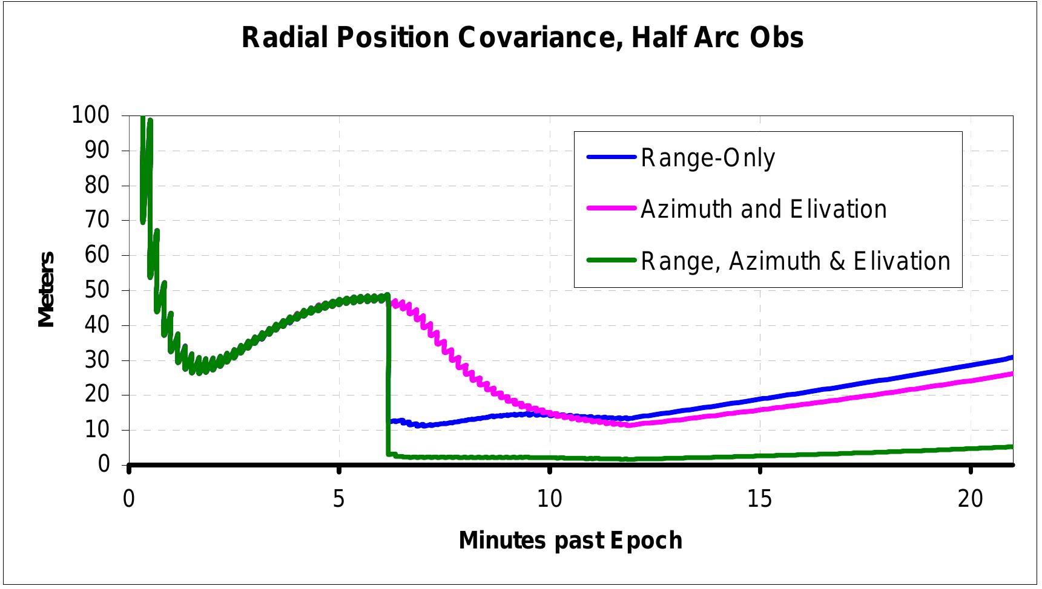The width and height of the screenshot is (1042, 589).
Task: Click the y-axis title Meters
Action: [47, 289]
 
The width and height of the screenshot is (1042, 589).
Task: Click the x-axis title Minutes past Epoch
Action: [570, 540]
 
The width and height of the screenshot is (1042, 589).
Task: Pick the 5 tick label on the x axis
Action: [338, 499]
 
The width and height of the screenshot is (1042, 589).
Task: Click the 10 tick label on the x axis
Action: [549, 499]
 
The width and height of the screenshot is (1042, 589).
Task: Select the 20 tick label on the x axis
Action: [970, 499]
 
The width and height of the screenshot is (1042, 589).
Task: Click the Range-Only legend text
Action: [708, 158]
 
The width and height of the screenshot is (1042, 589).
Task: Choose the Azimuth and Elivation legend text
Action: [763, 209]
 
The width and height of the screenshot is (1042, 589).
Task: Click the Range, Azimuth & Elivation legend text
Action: [796, 261]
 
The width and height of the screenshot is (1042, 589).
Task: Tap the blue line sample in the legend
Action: [611, 157]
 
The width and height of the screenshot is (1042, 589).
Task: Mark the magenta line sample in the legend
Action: [611, 209]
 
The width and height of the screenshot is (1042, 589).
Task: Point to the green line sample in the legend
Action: [611, 261]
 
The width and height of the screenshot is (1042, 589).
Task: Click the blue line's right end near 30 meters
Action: [1010, 358]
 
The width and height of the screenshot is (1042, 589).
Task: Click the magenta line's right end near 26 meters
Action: [1010, 374]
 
